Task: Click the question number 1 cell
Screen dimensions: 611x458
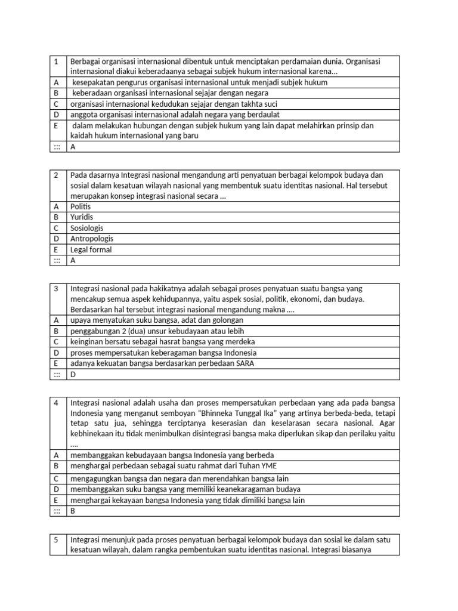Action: (55, 61)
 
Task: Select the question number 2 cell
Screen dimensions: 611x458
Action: (55, 175)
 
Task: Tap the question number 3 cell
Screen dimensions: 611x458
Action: (55, 288)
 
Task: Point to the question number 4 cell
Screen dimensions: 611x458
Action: (55, 403)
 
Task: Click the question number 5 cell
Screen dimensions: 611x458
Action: (55, 539)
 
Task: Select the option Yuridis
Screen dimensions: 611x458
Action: (82, 217)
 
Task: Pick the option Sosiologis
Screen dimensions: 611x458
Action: (86, 228)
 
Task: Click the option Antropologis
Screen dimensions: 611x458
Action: (91, 239)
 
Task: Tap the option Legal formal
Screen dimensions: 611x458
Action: (91, 249)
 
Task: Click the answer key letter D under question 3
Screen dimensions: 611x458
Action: (73, 374)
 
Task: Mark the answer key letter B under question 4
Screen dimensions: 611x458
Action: (73, 511)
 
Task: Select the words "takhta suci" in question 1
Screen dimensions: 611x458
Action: (252, 104)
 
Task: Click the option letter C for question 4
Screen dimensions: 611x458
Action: (55, 479)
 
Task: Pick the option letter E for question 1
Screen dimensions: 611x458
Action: (55, 125)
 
